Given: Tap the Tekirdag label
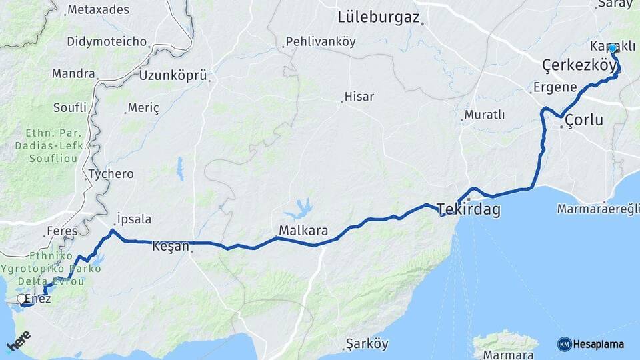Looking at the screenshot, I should [469, 210].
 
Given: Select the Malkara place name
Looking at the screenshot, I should [303, 231].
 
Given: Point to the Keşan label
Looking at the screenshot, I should [171, 245].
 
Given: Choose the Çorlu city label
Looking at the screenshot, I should [584, 121].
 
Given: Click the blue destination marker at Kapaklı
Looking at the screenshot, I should [613, 49].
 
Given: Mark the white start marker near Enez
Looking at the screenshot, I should [23, 299].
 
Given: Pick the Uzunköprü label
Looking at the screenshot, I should [173, 75].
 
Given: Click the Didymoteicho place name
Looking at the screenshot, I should [107, 41].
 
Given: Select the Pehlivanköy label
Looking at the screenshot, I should [321, 42].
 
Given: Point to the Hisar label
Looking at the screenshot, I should [359, 97].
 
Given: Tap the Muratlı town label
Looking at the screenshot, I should [485, 115].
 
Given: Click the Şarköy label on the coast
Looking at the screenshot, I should [367, 344].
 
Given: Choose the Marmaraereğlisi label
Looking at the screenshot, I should [599, 209].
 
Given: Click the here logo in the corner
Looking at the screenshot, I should [18, 341].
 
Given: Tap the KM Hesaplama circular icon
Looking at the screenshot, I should [565, 344].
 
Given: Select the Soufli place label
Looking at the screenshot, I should [70, 107].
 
